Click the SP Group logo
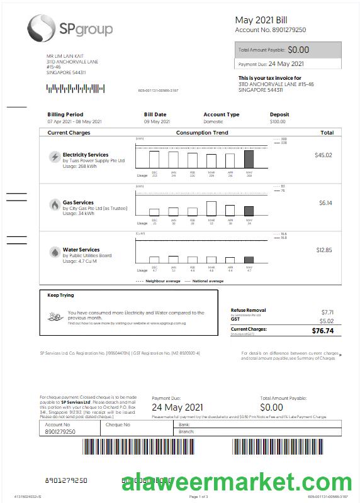click(x=69, y=29)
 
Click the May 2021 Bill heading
click(x=261, y=20)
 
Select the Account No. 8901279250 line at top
click(x=271, y=30)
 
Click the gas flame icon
click(x=55, y=205)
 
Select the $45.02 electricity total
click(x=323, y=155)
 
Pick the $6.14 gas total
click(x=325, y=202)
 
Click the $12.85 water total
click(x=323, y=250)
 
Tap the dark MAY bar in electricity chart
click(x=249, y=158)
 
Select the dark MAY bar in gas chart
click(x=249, y=211)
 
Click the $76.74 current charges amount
click(x=322, y=330)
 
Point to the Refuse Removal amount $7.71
click(x=327, y=312)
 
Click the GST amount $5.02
click(x=327, y=321)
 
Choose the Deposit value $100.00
click(x=278, y=121)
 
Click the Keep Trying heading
click(x=60, y=295)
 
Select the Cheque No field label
click(x=118, y=424)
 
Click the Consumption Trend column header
click(x=202, y=133)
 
